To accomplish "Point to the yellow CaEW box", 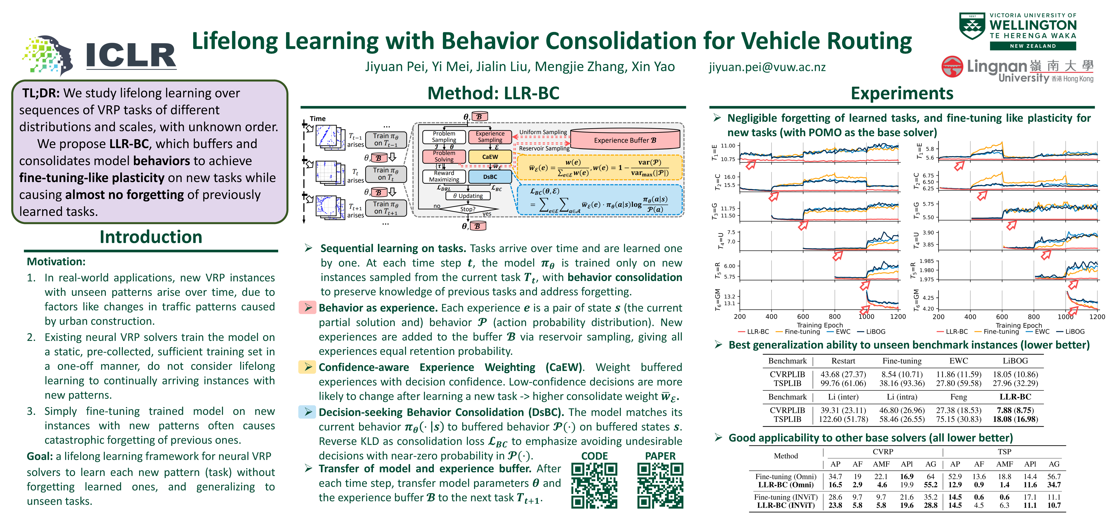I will click(490, 157).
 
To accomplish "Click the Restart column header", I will click(843, 361).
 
